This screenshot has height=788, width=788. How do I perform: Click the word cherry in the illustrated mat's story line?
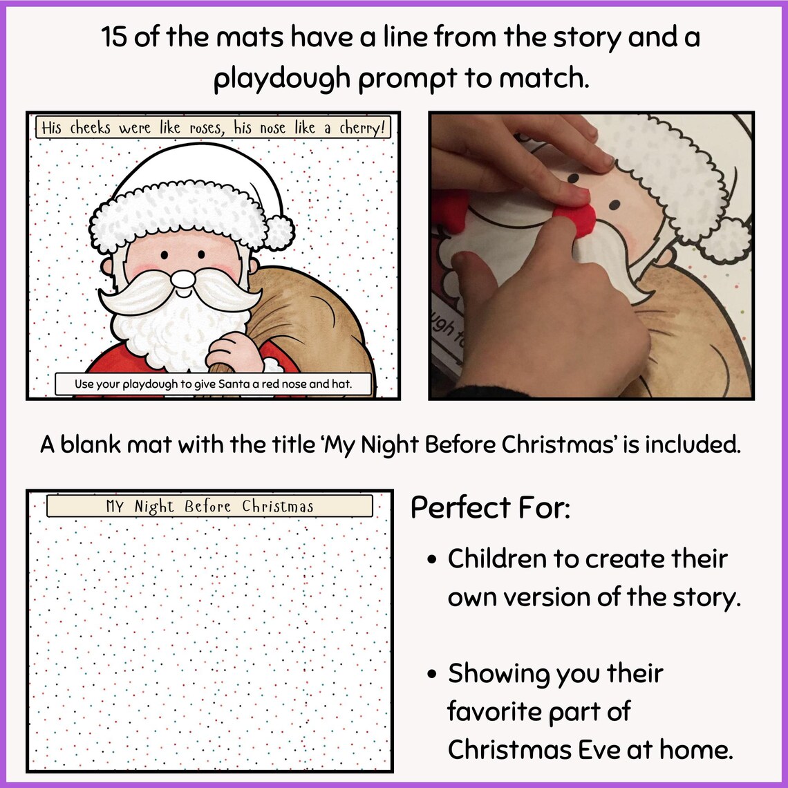[359, 129]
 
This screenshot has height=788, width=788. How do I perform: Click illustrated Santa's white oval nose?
[183, 279]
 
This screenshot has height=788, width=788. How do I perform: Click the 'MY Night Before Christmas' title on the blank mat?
[209, 506]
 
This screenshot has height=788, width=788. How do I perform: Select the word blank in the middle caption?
[117, 444]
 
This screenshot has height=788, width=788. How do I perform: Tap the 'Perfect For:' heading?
[490, 508]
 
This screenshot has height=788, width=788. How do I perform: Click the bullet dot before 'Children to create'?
[432, 560]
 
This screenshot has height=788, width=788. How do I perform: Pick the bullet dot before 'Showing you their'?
[432, 674]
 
